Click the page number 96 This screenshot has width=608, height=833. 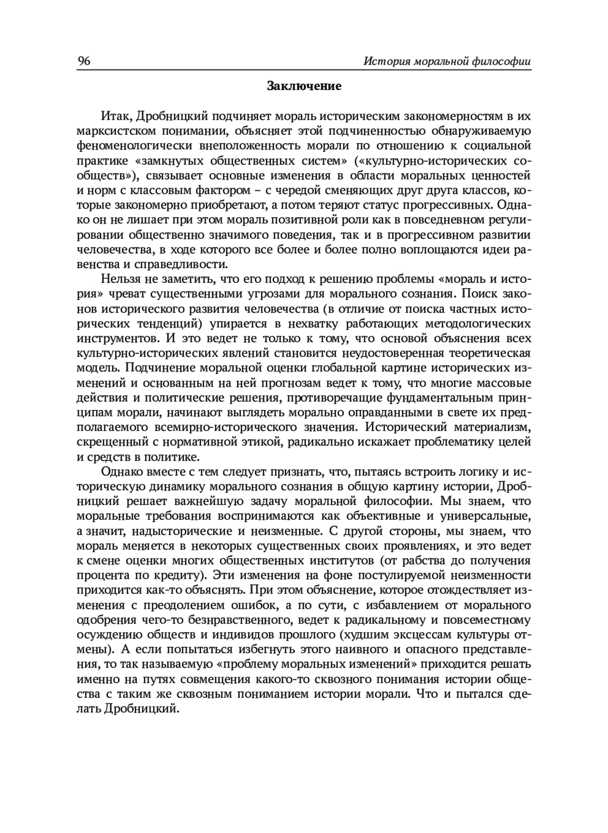pos(84,62)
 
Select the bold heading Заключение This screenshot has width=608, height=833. pos(304,86)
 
